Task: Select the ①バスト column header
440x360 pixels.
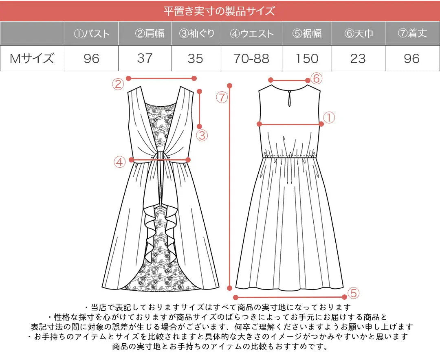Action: pyautogui.click(x=92, y=33)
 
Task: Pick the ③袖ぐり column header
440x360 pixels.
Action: pyautogui.click(x=196, y=33)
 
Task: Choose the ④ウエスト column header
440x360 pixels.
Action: pyautogui.click(x=252, y=33)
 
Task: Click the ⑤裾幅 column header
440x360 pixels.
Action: pyautogui.click(x=307, y=33)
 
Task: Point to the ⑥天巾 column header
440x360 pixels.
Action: pyautogui.click(x=359, y=33)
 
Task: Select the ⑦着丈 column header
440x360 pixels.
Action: pyautogui.click(x=412, y=33)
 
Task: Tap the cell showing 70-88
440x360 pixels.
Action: pyautogui.click(x=251, y=58)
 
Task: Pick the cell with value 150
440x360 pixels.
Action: pyautogui.click(x=307, y=58)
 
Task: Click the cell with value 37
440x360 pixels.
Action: pyautogui.click(x=145, y=58)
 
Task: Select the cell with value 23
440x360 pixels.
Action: pyautogui.click(x=358, y=58)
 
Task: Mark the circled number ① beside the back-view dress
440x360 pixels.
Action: pyautogui.click(x=329, y=118)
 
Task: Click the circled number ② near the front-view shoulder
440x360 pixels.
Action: pyautogui.click(x=118, y=84)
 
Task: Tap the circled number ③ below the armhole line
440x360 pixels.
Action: pyautogui.click(x=202, y=135)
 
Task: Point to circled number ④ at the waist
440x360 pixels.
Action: pyautogui.click(x=119, y=162)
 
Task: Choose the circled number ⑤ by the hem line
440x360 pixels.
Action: pyautogui.click(x=353, y=292)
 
